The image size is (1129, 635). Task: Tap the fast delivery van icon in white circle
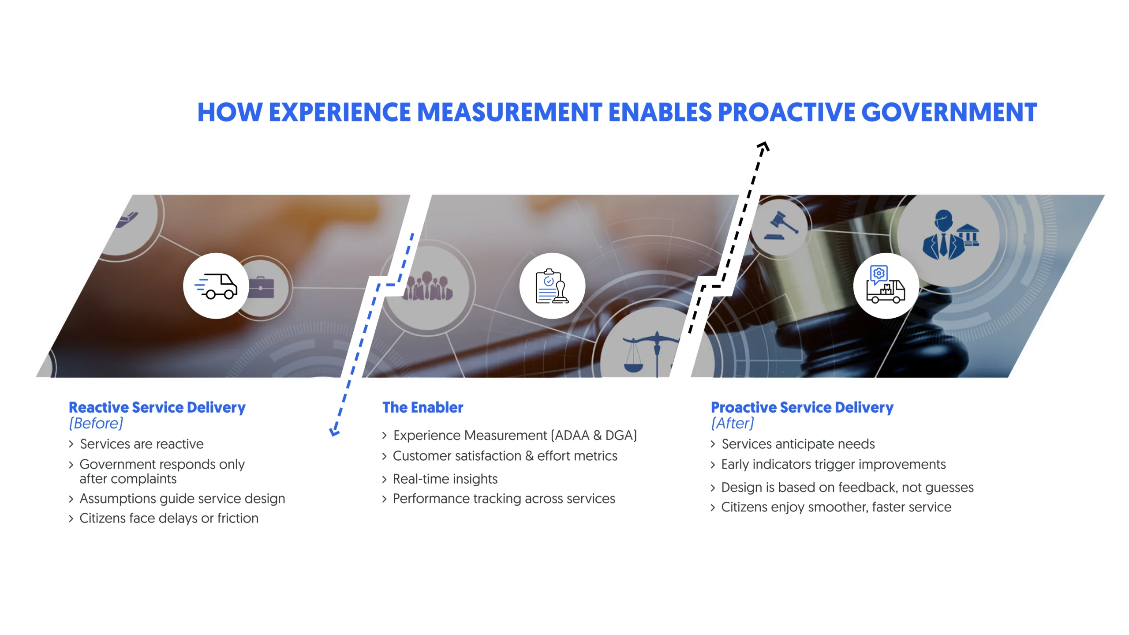[x=216, y=286]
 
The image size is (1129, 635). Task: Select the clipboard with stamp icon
[x=552, y=286]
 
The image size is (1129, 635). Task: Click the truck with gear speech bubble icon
[x=886, y=286]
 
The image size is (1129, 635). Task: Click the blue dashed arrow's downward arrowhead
[x=335, y=431]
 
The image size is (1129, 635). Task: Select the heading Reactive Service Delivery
[x=157, y=407]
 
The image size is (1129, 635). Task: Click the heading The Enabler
[x=422, y=407]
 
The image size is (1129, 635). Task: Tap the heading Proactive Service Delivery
[x=802, y=407]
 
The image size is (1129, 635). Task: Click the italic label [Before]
[x=96, y=423]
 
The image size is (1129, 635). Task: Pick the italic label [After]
[x=733, y=423]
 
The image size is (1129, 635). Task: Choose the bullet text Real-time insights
[x=445, y=479]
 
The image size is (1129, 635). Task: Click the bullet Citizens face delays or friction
[x=168, y=518]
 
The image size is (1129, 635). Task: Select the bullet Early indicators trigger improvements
[x=833, y=464]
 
